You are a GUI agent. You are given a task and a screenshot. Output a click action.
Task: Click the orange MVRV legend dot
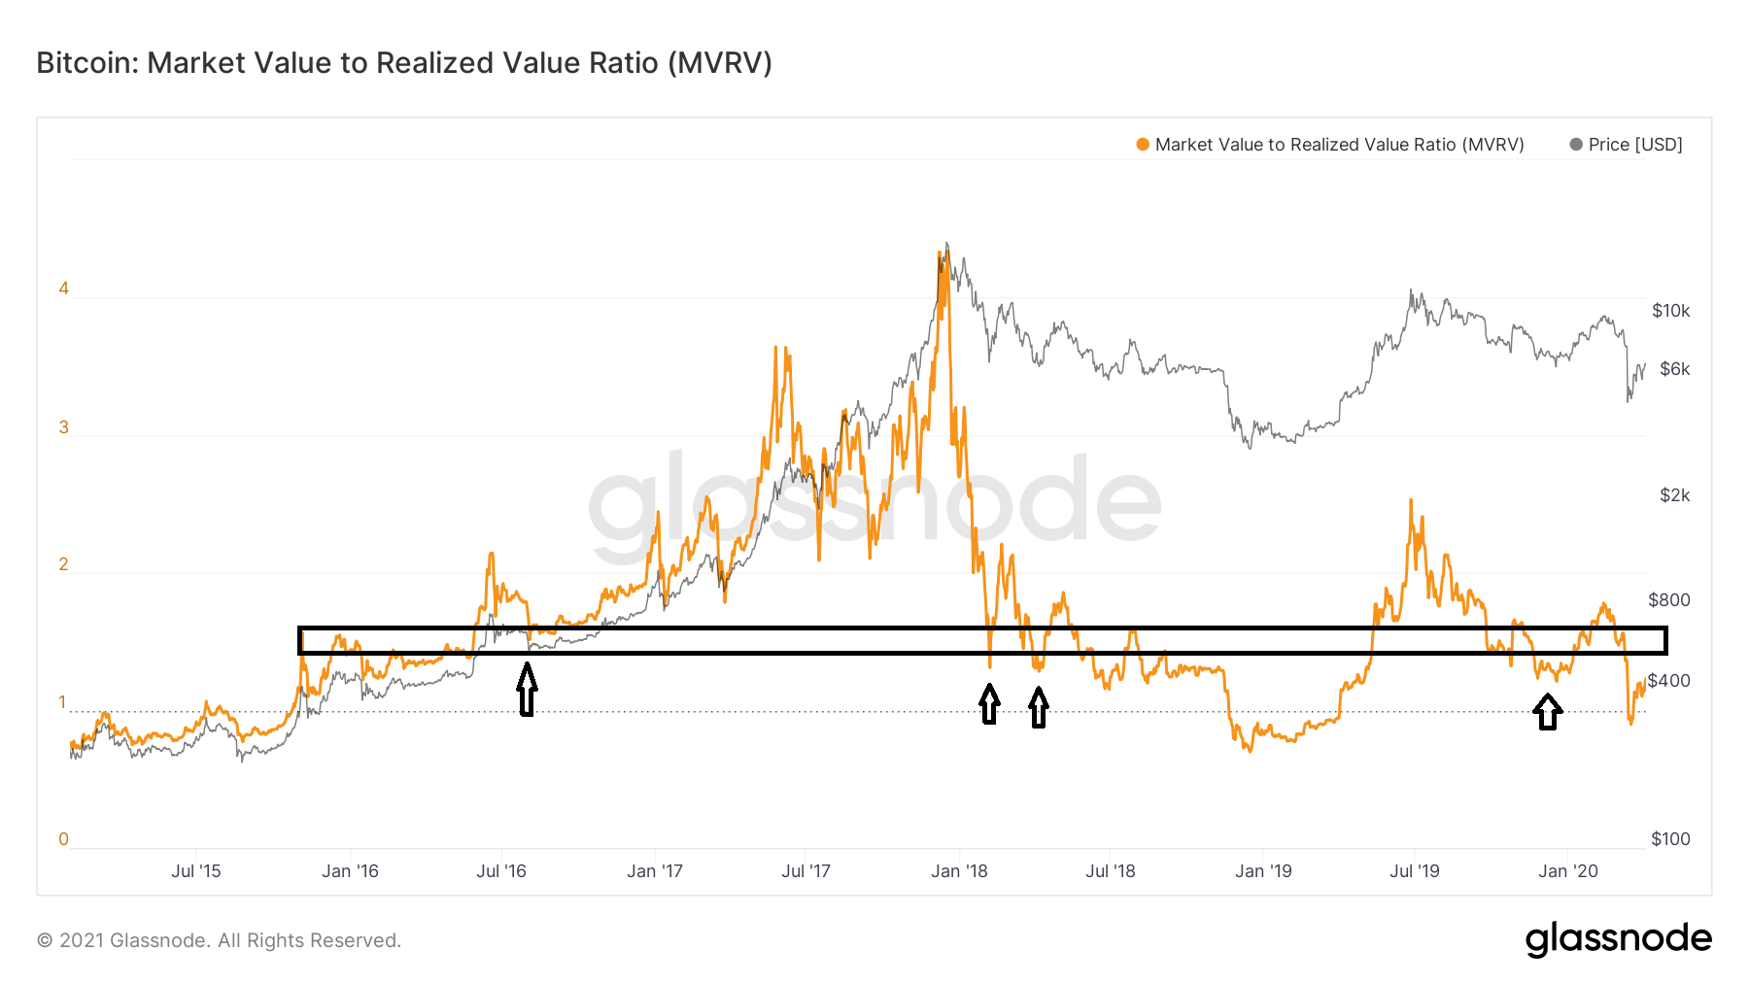(1143, 145)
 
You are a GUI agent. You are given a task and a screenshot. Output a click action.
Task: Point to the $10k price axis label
(1670, 311)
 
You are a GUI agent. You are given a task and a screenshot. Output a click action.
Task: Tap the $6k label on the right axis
(1674, 369)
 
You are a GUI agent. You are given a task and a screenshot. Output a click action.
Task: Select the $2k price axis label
(1674, 495)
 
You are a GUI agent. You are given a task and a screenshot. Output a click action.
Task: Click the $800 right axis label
(1669, 600)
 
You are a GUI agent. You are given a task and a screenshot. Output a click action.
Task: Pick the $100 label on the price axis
(1670, 839)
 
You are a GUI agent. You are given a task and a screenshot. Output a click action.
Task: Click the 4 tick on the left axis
(64, 288)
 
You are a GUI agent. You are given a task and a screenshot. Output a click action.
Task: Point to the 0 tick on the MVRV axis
(64, 839)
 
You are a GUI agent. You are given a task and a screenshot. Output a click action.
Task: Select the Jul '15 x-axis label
(196, 871)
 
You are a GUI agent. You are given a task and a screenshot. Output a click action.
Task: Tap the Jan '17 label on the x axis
(655, 871)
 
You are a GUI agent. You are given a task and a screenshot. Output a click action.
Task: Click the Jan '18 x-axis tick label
(959, 871)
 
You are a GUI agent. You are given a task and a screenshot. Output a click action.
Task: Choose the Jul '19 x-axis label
(1415, 871)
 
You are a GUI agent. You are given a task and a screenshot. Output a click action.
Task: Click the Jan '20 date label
(1568, 871)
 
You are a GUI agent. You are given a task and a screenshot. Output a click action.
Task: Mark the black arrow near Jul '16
(527, 690)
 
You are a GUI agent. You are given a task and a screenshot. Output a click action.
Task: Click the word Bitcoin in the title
(87, 63)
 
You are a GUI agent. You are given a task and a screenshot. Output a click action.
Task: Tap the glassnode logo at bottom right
(1618, 939)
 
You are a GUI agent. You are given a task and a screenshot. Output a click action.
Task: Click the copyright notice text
(219, 940)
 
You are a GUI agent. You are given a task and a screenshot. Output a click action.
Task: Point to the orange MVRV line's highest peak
(941, 253)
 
